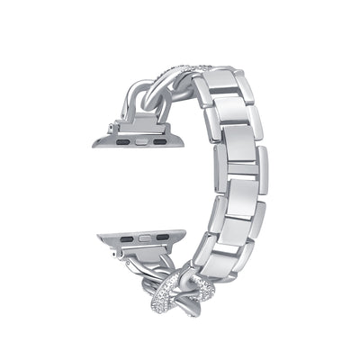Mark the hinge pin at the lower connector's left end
109,256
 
